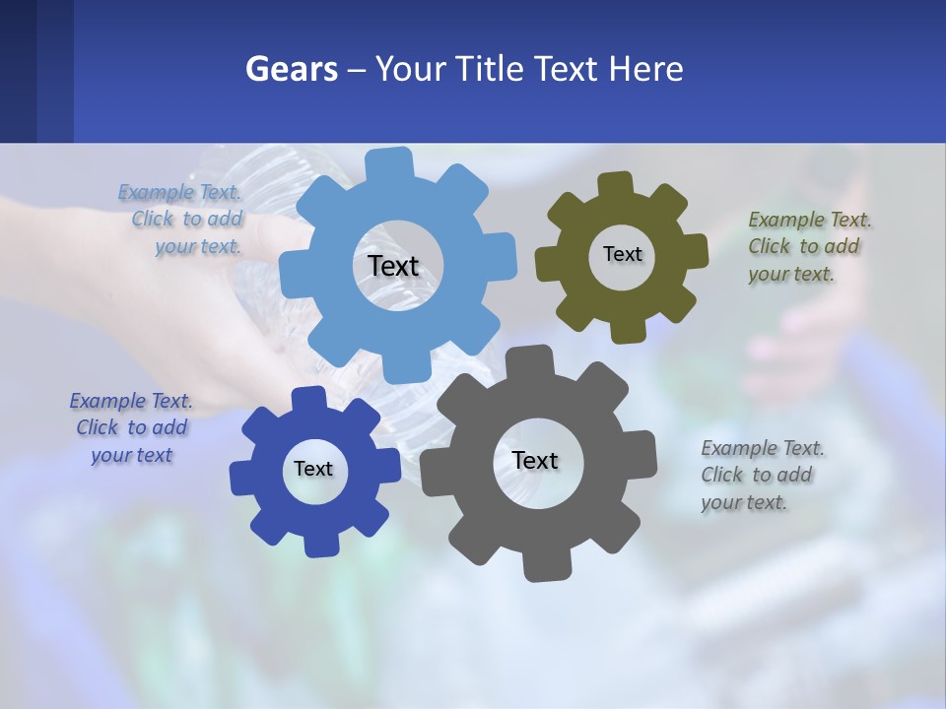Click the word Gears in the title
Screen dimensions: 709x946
(x=291, y=69)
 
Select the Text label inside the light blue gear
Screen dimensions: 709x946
(x=393, y=266)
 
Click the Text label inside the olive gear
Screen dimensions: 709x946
(x=622, y=254)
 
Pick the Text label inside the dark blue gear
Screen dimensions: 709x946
(x=312, y=469)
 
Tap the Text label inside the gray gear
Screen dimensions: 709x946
(x=535, y=460)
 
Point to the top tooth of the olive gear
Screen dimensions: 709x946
(x=616, y=185)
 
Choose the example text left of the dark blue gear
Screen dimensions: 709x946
(x=131, y=427)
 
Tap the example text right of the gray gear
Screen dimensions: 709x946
(x=761, y=475)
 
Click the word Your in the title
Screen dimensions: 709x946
(x=409, y=69)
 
